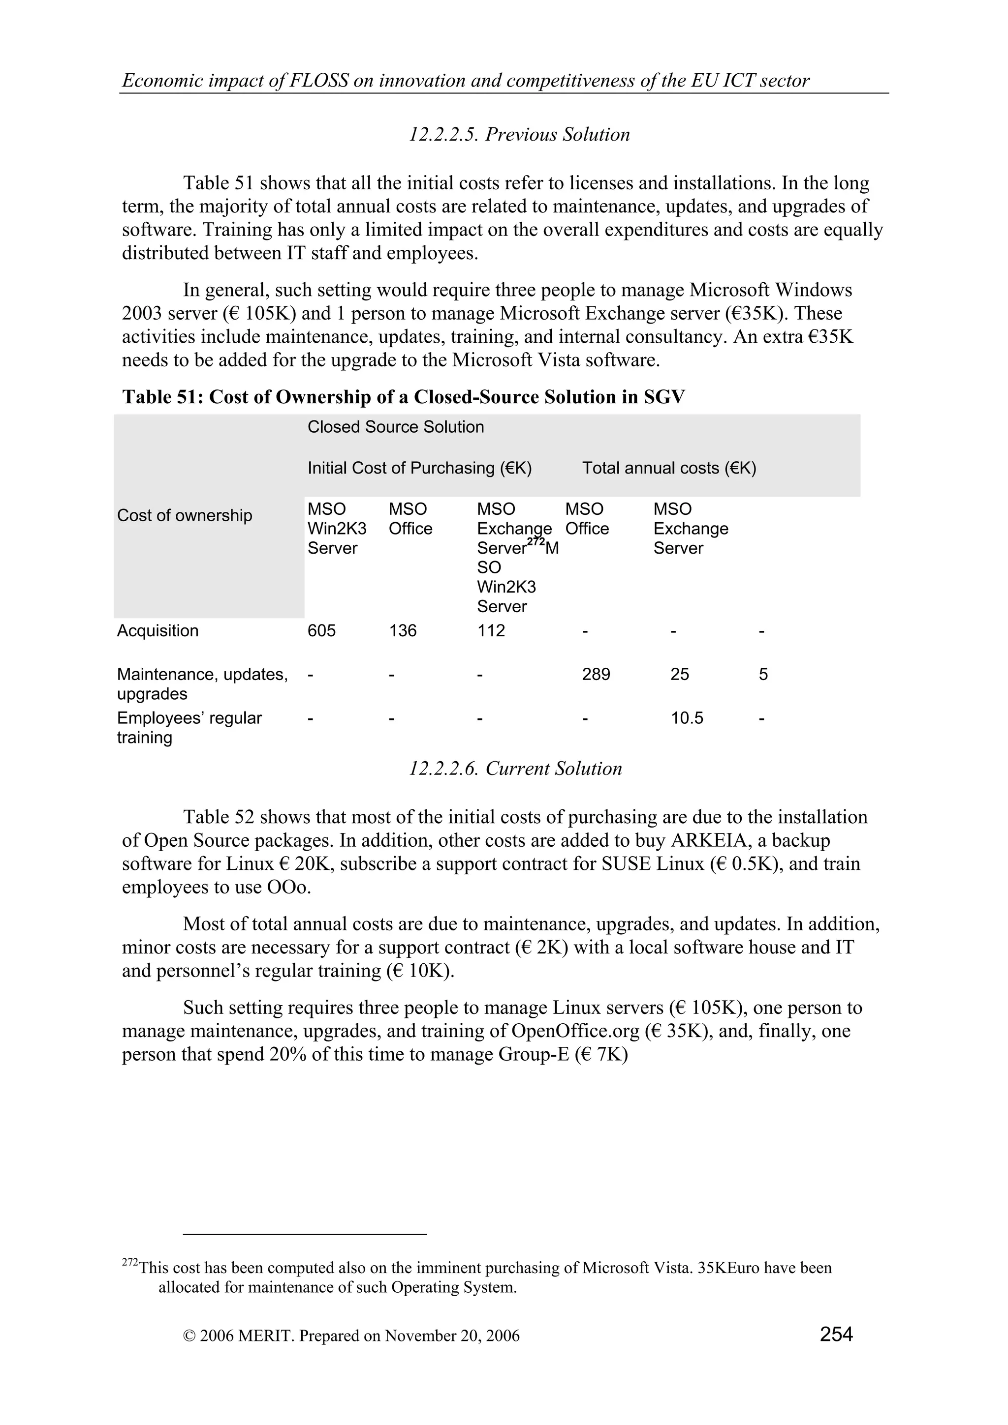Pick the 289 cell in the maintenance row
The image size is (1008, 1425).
pos(596,674)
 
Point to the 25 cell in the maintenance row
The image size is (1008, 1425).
pos(679,674)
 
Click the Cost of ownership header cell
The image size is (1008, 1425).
pos(185,515)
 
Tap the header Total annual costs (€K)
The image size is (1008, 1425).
pos(669,468)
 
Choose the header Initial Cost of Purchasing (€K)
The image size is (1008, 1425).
pos(419,468)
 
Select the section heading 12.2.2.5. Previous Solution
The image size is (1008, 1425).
pos(519,135)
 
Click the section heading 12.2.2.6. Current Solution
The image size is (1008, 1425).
pos(515,769)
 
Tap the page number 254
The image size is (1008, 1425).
pos(836,1333)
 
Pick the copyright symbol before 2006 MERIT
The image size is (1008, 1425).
pos(189,1336)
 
